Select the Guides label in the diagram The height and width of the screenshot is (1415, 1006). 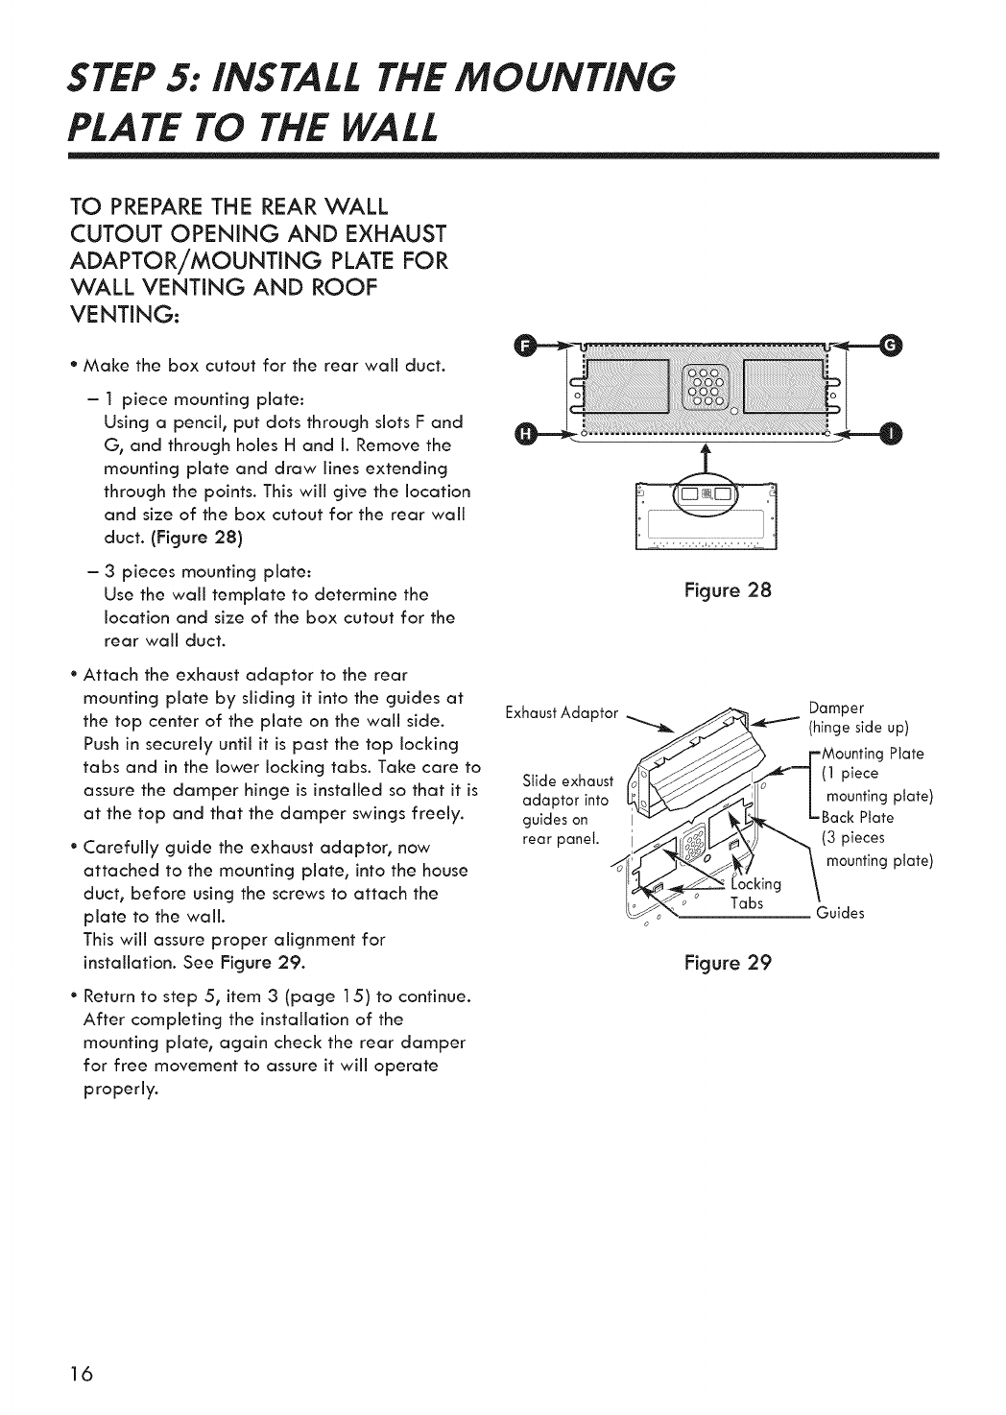[x=840, y=913]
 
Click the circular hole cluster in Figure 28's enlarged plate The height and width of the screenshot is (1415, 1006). [x=706, y=389]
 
